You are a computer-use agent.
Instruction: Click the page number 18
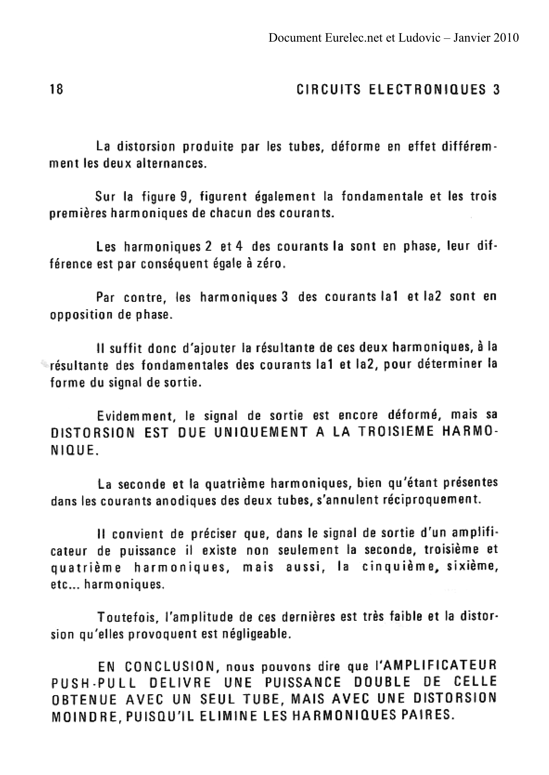coord(56,90)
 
